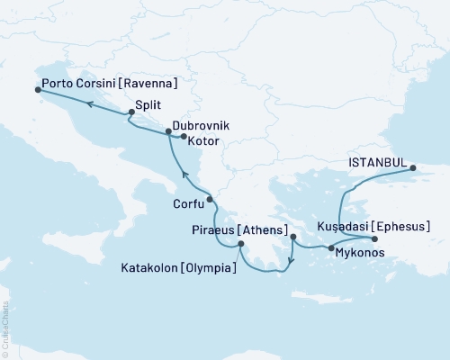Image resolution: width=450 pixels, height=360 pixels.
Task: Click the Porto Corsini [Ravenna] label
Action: [108, 85]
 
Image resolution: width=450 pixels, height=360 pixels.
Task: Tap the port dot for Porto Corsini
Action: [37, 90]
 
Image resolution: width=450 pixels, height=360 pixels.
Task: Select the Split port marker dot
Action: [131, 112]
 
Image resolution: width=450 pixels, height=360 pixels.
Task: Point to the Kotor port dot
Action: [184, 138]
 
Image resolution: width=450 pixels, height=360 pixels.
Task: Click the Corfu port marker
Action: [209, 200]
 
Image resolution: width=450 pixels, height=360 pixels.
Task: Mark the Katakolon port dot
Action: [240, 245]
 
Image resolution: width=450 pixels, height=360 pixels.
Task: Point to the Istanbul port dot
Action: [413, 168]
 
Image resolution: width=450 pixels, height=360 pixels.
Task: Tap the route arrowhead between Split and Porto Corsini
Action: [90, 104]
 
